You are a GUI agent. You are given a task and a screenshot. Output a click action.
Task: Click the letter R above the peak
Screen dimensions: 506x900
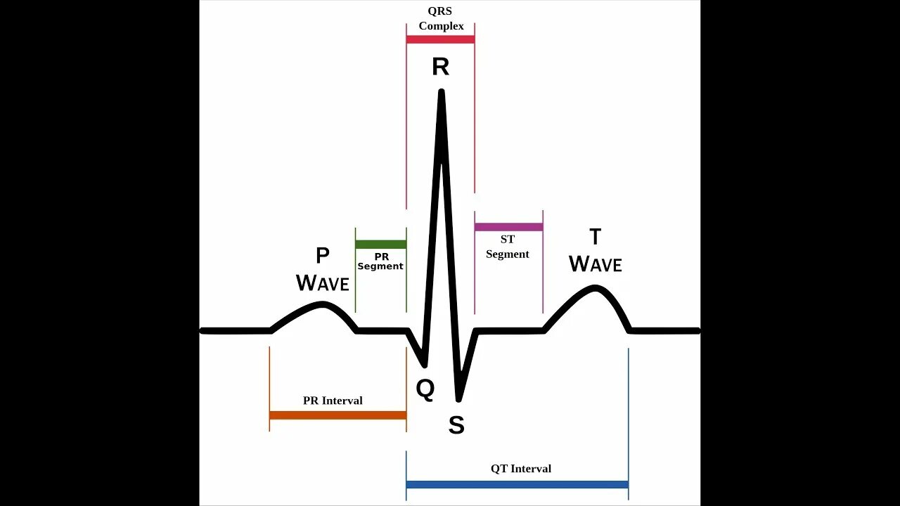pyautogui.click(x=440, y=67)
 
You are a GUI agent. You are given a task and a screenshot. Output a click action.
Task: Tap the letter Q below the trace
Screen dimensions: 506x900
pyautogui.click(x=425, y=389)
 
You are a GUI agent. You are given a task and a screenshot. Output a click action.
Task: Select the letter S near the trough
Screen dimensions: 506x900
pyautogui.click(x=456, y=424)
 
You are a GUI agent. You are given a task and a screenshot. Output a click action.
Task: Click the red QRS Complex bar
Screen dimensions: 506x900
pyautogui.click(x=440, y=39)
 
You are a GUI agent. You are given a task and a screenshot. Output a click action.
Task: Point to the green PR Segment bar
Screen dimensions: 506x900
pyautogui.click(x=380, y=245)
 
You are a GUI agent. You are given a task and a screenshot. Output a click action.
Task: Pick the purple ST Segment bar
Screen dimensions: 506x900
pyautogui.click(x=508, y=227)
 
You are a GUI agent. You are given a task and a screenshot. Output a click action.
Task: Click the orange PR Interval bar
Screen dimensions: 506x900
pyautogui.click(x=337, y=415)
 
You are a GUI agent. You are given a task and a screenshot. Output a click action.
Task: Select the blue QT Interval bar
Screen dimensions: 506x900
pyautogui.click(x=517, y=484)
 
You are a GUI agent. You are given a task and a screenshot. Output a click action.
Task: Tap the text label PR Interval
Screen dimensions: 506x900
pyautogui.click(x=333, y=401)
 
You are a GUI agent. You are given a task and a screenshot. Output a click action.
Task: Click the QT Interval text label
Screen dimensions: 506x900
pyautogui.click(x=521, y=469)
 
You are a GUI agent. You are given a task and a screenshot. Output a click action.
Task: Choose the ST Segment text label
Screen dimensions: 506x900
pyautogui.click(x=508, y=247)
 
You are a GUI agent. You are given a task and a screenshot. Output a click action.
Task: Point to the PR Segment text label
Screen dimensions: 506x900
pyautogui.click(x=380, y=261)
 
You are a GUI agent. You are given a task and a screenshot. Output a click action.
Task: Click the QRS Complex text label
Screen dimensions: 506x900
pyautogui.click(x=441, y=19)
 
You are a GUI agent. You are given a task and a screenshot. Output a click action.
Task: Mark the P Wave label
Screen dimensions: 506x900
pyautogui.click(x=323, y=270)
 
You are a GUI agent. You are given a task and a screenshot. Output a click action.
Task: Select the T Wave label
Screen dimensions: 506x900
pyautogui.click(x=595, y=251)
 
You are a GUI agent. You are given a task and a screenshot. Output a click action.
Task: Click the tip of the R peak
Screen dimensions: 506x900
pyautogui.click(x=442, y=91)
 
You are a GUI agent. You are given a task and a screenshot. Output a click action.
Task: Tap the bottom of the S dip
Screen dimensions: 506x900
pyautogui.click(x=458, y=398)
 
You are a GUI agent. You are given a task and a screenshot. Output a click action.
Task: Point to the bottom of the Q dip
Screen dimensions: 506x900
pyautogui.click(x=425, y=365)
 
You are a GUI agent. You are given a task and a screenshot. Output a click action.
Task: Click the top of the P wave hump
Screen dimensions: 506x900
pyautogui.click(x=322, y=304)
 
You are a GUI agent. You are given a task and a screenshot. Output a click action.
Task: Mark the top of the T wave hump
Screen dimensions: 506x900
pyautogui.click(x=596, y=287)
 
